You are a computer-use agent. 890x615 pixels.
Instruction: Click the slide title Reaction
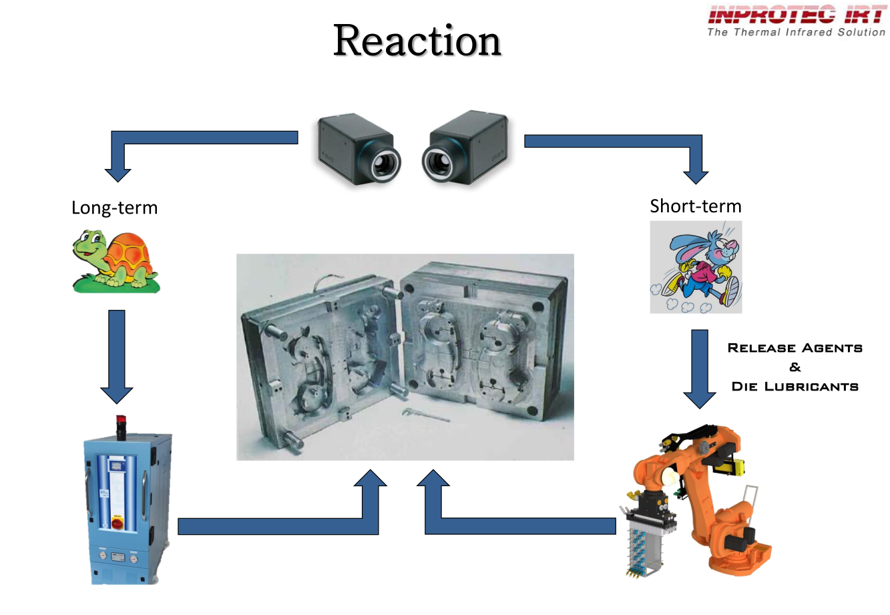417,41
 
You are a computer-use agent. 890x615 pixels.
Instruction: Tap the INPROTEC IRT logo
796,15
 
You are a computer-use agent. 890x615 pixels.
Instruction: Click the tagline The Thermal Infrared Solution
796,32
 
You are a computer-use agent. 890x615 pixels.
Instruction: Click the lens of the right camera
439,162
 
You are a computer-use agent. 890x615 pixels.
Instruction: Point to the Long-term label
114,208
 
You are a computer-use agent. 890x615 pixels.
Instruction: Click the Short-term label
695,206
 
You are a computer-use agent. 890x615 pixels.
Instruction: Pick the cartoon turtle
116,261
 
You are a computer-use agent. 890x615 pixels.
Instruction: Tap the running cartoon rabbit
696,267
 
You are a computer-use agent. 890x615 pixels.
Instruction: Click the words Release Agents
795,348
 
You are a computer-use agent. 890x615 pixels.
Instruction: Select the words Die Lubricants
795,387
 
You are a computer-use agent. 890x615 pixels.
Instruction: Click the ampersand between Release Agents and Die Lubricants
795,367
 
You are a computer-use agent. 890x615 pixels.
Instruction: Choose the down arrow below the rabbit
699,368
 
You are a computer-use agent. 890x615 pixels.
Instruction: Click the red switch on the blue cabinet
117,524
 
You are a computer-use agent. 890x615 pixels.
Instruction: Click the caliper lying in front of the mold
425,415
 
